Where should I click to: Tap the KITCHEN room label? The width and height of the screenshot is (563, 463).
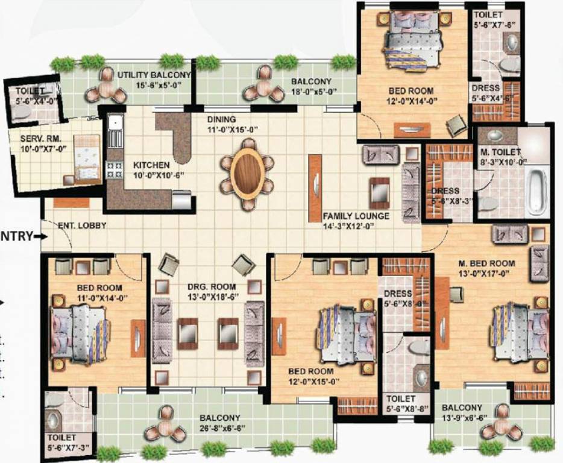[151, 165]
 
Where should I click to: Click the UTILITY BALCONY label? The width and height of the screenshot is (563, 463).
[154, 75]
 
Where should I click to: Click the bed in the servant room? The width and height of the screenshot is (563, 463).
[86, 159]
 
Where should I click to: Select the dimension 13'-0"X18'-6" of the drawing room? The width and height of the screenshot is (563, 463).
[211, 298]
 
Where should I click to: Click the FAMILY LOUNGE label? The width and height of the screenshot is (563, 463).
[355, 216]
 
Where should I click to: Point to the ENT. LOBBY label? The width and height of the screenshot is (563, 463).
[83, 225]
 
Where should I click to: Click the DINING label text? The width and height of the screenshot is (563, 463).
[221, 119]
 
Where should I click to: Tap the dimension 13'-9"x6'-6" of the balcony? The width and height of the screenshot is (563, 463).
[465, 418]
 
